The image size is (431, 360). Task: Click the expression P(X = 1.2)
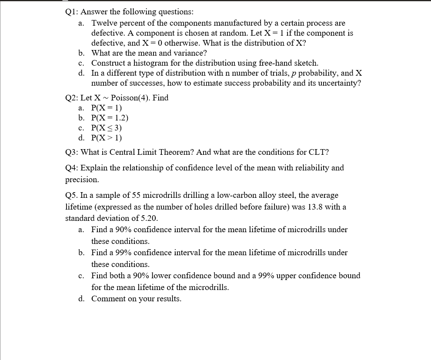tap(110, 118)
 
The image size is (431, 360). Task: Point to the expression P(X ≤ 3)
tap(107, 128)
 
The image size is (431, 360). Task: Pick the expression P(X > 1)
tap(107, 138)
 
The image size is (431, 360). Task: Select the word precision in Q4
tap(81, 179)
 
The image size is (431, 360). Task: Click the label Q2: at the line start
tap(72, 98)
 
